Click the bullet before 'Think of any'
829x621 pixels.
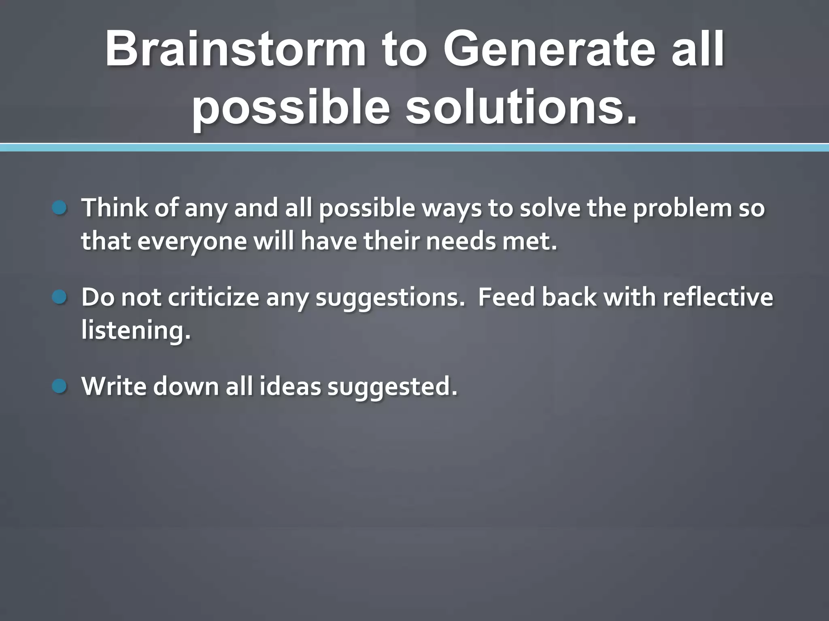[60, 208]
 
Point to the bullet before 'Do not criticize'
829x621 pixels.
[60, 298]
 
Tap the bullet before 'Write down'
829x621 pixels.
[60, 387]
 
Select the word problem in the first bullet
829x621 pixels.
[682, 208]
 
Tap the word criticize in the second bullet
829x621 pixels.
[213, 298]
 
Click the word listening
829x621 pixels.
[136, 331]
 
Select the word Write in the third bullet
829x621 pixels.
[114, 387]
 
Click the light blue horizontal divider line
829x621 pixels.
[414, 148]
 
